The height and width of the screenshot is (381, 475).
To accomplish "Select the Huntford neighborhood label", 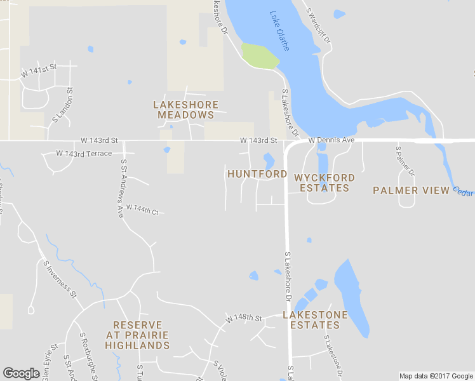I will [253, 174].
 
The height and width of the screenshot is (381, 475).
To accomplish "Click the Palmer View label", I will [405, 190].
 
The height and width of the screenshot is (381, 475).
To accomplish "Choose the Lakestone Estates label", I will [315, 320].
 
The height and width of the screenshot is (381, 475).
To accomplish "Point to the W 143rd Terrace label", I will [84, 154].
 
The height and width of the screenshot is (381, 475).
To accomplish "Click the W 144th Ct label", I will [142, 208].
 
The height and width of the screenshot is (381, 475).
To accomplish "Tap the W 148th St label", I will [244, 317].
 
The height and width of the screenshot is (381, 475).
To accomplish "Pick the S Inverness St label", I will [60, 279].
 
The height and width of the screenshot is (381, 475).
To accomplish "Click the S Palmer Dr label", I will [405, 161].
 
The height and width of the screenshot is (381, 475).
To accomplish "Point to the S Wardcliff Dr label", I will [319, 25].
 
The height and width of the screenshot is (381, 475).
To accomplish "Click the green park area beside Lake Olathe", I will [260, 56].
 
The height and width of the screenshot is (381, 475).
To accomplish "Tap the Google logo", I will [21, 373].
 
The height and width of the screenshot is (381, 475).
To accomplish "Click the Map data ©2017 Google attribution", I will [436, 376].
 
